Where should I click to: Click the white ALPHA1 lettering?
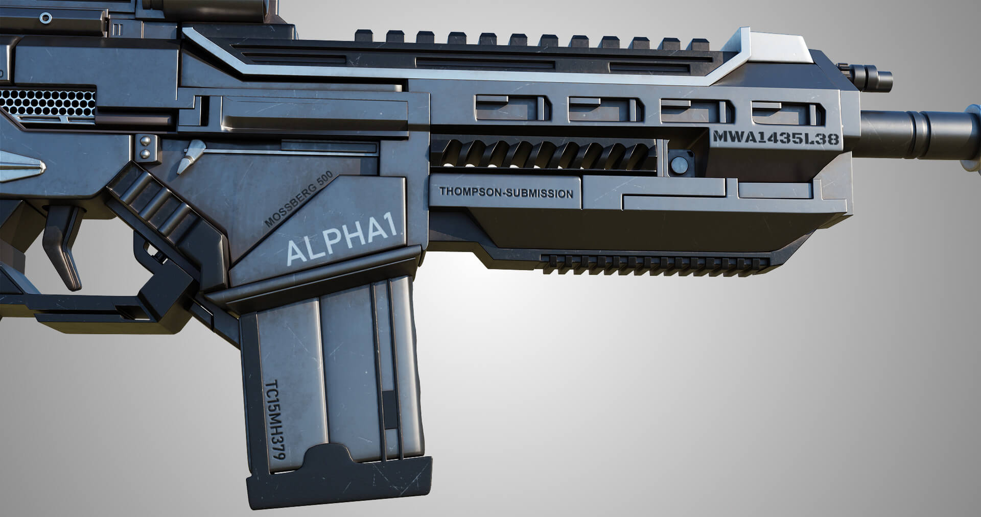click(x=341, y=243)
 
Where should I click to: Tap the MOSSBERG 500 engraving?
click(x=299, y=199)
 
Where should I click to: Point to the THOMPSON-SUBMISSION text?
click(x=506, y=193)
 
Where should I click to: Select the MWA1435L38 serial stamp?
click(x=776, y=138)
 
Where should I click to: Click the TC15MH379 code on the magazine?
click(x=276, y=420)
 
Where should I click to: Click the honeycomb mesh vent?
click(x=49, y=102)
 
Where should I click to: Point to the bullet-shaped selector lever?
click(x=190, y=155)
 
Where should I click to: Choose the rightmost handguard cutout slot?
click(x=787, y=113)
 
